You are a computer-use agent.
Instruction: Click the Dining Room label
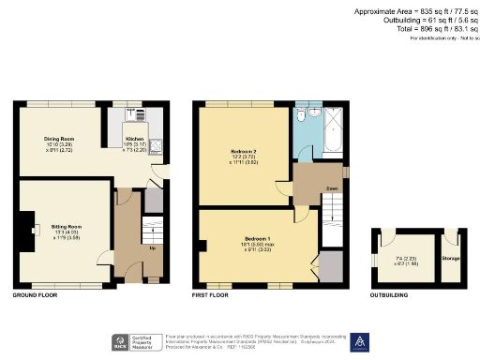[59, 139]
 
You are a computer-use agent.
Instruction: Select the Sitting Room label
[66, 227]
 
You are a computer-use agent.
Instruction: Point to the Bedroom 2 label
[243, 150]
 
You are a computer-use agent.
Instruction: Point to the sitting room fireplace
[26, 227]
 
